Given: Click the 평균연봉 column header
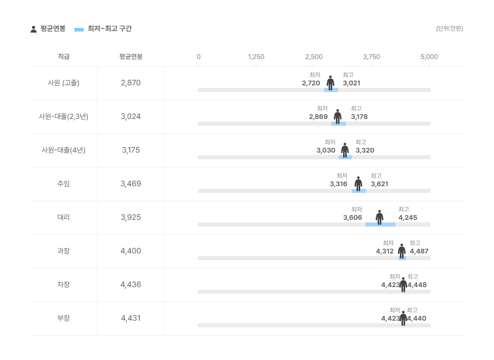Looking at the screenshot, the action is point(131,57).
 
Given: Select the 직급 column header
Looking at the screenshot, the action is point(64,57).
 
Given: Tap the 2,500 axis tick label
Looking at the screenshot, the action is point(314,57).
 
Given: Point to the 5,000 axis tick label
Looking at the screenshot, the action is point(429,57).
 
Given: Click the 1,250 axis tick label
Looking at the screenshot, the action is point(256,57).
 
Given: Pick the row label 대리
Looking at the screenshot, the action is point(64,217).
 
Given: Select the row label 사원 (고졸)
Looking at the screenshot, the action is point(64,83).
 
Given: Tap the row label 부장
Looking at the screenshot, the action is point(64,318).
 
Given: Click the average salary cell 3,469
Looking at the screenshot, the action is point(131,184).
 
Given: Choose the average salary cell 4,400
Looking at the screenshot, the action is point(131,251).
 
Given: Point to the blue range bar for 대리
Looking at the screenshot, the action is point(380,224).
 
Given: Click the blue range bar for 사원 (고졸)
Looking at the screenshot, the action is point(331,90).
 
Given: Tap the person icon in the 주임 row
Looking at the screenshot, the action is point(358,184).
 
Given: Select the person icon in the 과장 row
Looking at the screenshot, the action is point(402,251).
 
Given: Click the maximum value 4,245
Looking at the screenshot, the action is point(408,218).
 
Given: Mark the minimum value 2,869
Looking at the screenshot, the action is point(318,116).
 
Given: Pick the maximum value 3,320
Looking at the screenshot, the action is point(365,151).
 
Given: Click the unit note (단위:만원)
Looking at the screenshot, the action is point(450,28).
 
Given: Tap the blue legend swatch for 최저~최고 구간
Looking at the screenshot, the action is point(79,29).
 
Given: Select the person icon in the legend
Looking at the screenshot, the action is point(34,29).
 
